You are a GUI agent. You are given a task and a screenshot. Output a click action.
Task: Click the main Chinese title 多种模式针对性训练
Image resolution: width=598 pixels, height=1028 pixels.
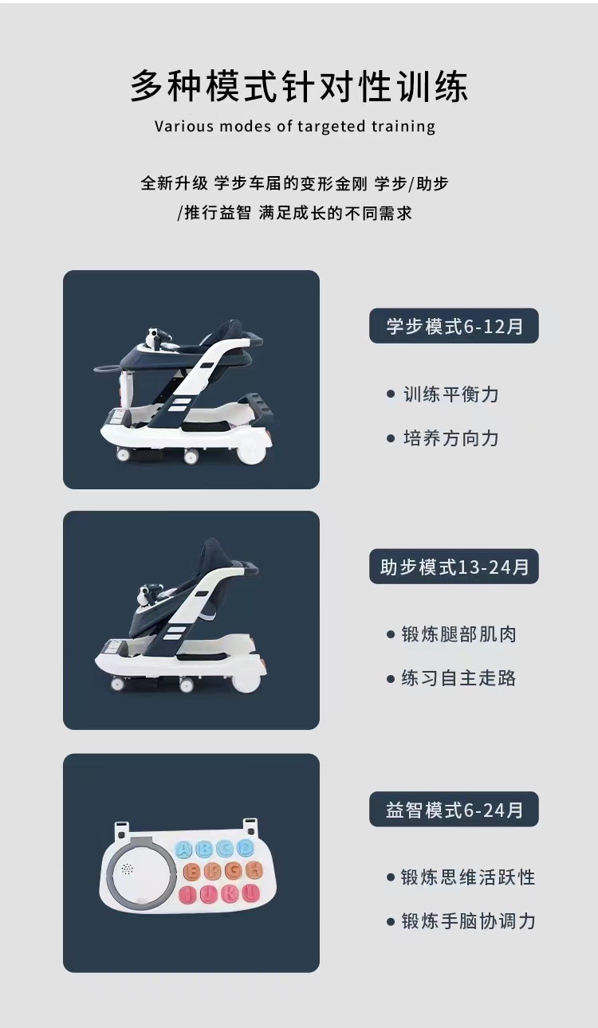[x=299, y=87]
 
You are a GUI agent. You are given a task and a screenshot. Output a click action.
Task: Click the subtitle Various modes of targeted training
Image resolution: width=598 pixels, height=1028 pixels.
[x=295, y=126]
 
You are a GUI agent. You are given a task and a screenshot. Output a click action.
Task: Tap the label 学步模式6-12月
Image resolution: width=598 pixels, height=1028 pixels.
[x=454, y=326]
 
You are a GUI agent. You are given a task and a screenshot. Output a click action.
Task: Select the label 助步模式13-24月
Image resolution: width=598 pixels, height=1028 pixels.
[x=454, y=567]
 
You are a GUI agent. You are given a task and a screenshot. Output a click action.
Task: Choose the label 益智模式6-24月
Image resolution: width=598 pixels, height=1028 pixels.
[x=454, y=810]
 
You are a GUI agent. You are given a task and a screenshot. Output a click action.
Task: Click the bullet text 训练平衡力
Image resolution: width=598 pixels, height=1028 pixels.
[x=450, y=394]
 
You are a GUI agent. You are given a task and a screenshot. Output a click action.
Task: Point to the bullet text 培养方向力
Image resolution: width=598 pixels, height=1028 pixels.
[x=450, y=437]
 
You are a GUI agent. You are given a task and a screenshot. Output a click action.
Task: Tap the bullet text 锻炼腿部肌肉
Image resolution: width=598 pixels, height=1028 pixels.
[x=458, y=634]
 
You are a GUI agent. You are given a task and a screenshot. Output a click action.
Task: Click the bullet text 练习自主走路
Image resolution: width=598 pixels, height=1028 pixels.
[x=458, y=678]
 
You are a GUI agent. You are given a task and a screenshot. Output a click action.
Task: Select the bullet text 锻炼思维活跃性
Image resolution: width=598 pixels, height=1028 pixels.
[x=467, y=877]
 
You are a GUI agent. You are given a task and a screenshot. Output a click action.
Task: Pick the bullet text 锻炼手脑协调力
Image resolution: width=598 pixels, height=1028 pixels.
[x=467, y=921]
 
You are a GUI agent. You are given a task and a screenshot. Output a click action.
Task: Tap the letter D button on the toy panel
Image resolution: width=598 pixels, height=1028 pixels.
[x=246, y=848]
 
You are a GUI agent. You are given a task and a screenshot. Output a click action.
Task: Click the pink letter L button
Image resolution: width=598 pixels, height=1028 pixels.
[x=250, y=893]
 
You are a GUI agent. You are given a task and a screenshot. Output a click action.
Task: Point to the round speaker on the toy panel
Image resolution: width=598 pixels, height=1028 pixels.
[x=127, y=869]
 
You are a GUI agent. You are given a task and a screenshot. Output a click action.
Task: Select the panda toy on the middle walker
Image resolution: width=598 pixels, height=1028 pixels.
[x=147, y=593]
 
